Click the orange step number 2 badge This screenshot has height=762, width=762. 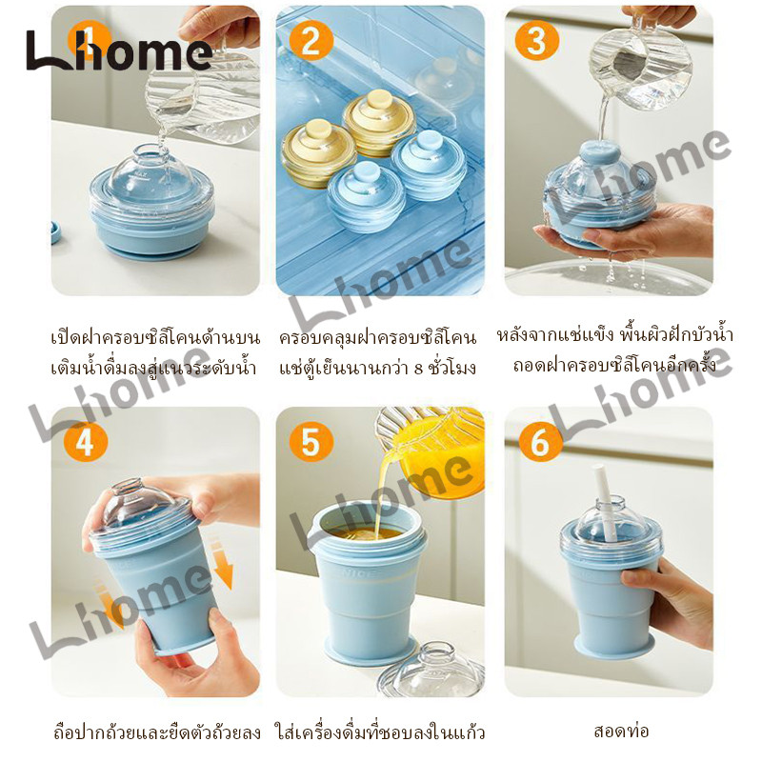[311, 39]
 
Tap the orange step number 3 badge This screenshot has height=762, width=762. [536, 39]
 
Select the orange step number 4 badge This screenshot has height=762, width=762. [86, 443]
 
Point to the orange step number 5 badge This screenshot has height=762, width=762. [311, 443]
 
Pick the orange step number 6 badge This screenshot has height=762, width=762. [540, 443]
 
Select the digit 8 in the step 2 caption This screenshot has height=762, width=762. [419, 369]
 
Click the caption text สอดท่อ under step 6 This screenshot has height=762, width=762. [622, 731]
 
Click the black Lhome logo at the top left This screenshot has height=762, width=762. [119, 50]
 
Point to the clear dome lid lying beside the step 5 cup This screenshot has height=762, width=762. [431, 670]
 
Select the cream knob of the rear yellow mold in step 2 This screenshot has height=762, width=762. [380, 101]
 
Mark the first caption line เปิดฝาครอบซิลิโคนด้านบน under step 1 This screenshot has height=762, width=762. [155, 337]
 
